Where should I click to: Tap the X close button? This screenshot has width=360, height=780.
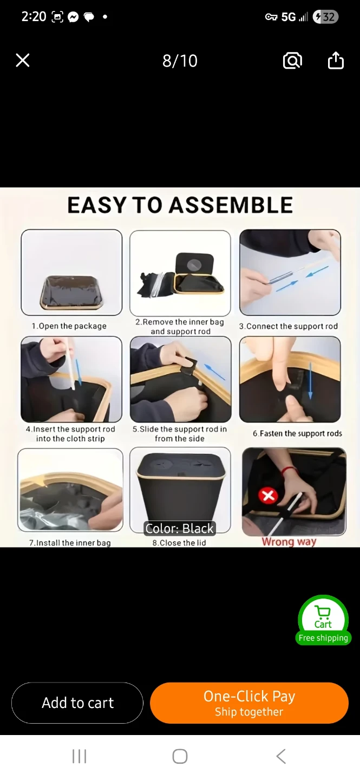coord(23,60)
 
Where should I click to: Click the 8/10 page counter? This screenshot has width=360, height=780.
coord(180,61)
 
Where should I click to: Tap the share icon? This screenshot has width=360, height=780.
coord(336,60)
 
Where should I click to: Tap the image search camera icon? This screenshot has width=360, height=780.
coord(292,61)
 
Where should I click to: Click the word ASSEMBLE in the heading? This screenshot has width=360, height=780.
coord(231,205)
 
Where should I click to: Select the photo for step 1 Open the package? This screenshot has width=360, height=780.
coord(71,272)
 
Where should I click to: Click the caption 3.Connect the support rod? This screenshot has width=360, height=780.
coord(289,326)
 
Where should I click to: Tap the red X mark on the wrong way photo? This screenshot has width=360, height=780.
coord(268,496)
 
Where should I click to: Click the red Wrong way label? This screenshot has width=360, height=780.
coord(289,542)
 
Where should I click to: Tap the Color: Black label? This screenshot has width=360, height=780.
coord(180,528)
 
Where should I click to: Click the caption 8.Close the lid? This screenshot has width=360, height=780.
coord(179,543)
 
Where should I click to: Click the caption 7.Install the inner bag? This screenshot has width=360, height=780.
coord(70,543)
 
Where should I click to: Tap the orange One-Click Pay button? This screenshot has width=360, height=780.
coord(249,703)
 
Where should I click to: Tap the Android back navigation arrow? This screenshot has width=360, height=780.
coord(281,756)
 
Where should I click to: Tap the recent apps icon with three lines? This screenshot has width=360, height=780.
coord(80,756)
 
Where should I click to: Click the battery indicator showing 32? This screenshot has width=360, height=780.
coord(325,17)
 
